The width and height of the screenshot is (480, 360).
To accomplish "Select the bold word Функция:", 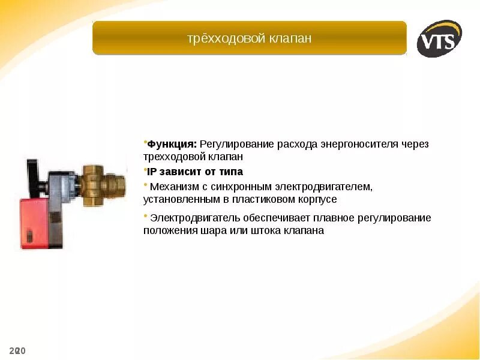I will [172, 145].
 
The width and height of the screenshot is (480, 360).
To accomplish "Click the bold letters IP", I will [152, 172].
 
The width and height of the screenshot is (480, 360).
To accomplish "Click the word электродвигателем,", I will [328, 187].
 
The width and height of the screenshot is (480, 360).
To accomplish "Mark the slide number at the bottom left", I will [17, 350].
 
